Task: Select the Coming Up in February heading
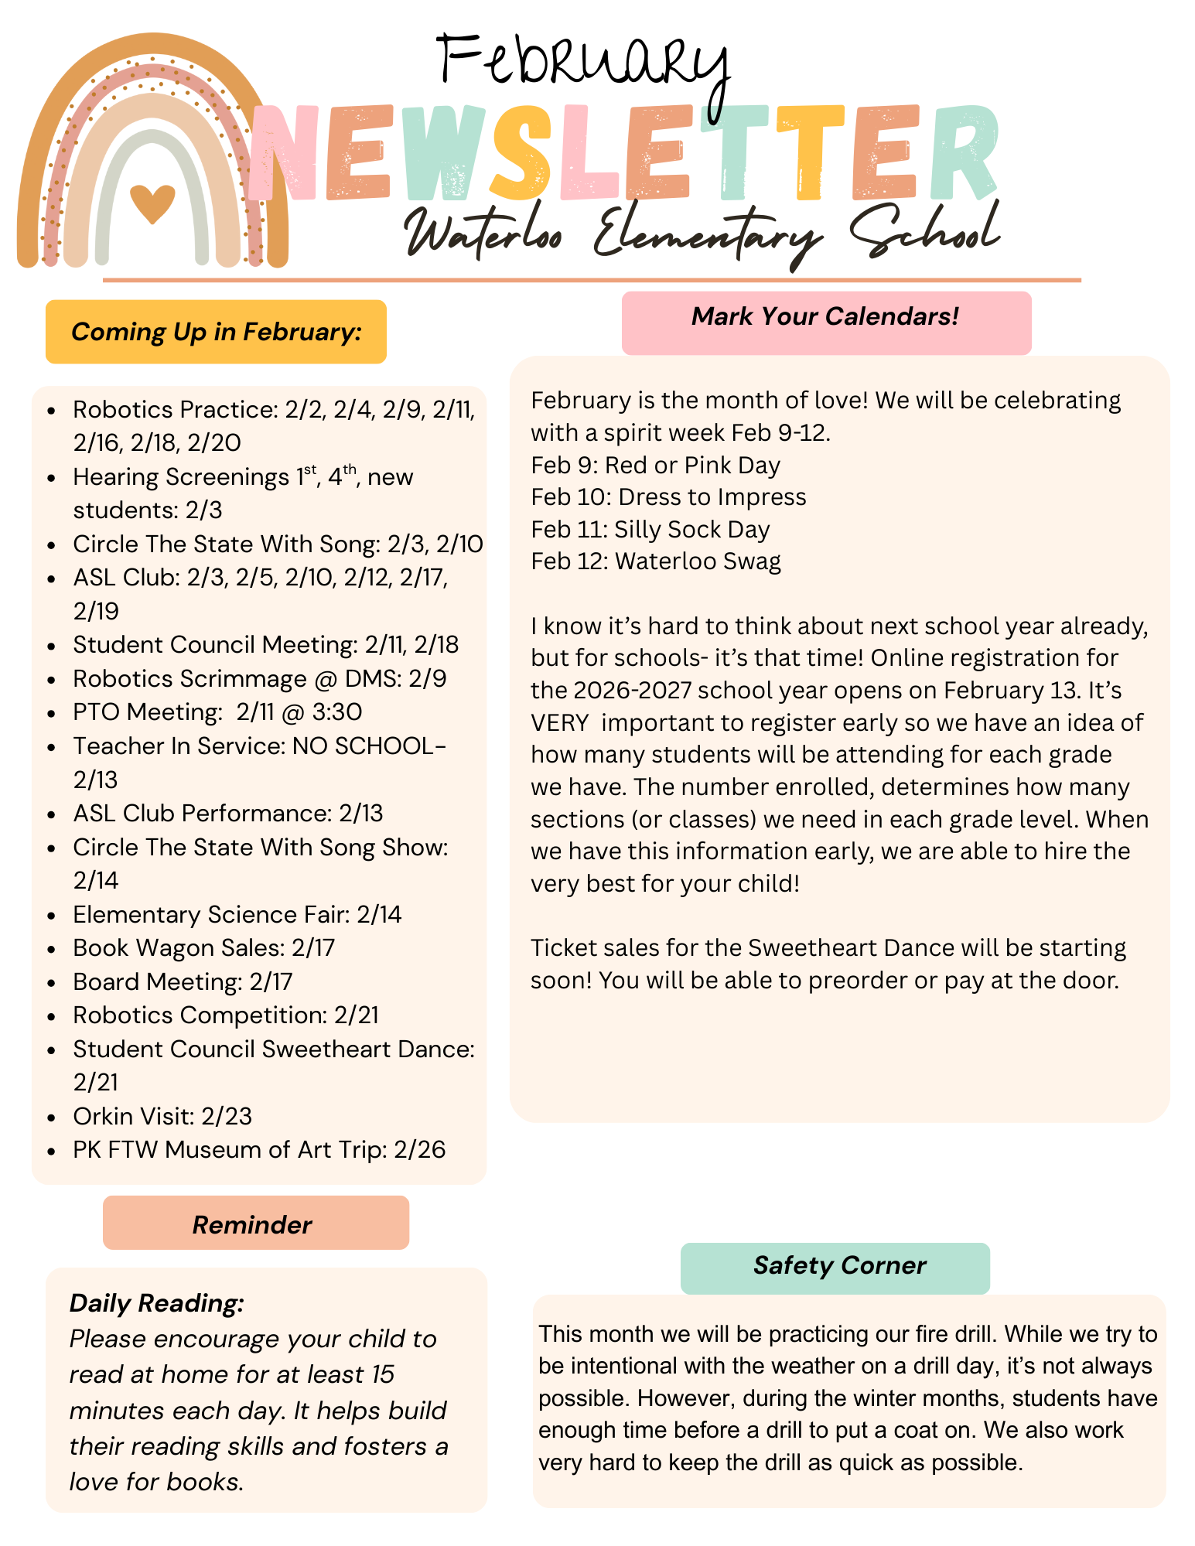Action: tap(216, 332)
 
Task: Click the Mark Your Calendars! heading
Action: tap(825, 316)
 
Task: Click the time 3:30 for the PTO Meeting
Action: tap(337, 712)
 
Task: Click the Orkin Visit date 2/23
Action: tap(227, 1116)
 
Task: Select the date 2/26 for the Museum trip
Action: tap(420, 1150)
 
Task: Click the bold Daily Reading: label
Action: tap(157, 1303)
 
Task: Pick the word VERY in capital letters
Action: tap(559, 722)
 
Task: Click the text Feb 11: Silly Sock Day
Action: tap(650, 529)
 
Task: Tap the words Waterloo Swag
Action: tap(698, 561)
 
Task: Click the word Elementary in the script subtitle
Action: tap(708, 232)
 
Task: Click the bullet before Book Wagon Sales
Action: tap(52, 949)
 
